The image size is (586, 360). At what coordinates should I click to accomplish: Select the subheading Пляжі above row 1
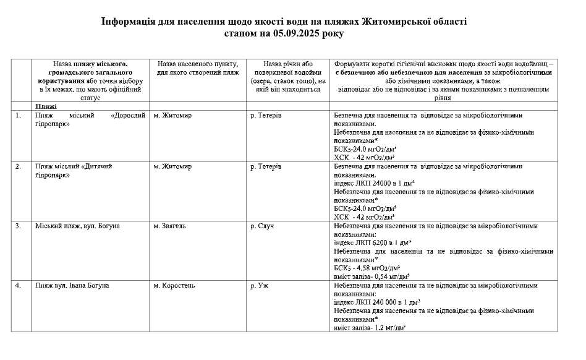[x=46, y=106]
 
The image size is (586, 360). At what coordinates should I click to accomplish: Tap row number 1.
[x=19, y=115]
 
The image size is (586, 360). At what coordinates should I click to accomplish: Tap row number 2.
[x=19, y=166]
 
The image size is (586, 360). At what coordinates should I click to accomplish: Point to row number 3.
[x=19, y=226]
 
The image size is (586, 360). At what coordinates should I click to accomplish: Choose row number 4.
[x=19, y=285]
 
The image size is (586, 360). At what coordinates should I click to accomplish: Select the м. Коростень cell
[x=174, y=285]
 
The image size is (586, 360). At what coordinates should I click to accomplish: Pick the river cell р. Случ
[x=262, y=226]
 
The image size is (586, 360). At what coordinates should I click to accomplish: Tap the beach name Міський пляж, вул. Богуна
[x=77, y=226]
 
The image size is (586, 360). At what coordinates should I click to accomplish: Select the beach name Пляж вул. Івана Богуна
[x=72, y=285]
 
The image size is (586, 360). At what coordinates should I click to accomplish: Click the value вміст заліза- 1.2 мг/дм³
[x=369, y=328]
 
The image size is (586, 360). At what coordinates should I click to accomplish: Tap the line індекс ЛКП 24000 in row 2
[x=373, y=183]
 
